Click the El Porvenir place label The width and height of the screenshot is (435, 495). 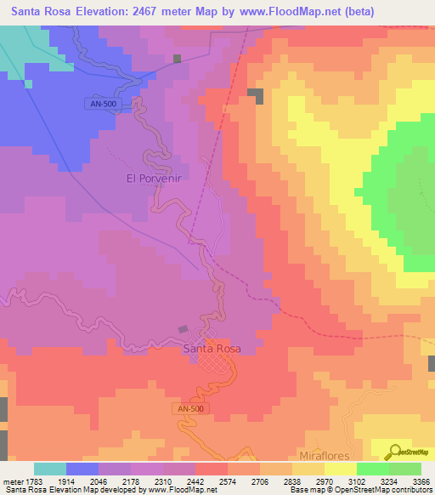coord(155,179)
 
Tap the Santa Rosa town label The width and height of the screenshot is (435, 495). coord(212,349)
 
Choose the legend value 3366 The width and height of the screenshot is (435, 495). coord(422,483)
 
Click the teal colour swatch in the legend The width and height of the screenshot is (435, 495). coord(50,469)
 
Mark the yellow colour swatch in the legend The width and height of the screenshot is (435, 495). coord(341,469)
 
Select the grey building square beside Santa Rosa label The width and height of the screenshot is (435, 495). coord(183,330)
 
